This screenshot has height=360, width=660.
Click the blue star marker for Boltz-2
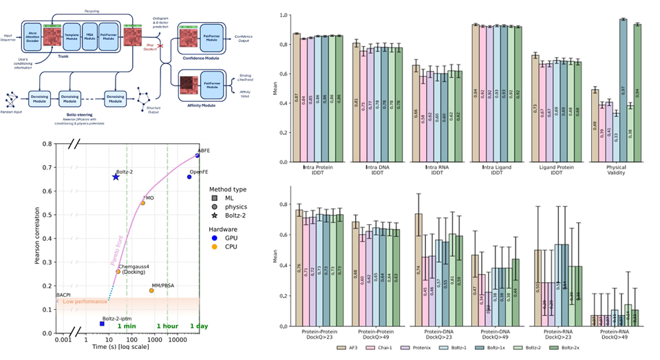click(116, 177)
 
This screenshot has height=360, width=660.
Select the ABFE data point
click(198, 156)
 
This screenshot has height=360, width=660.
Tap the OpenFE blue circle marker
click(189, 177)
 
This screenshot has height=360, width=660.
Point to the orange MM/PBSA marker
click(151, 290)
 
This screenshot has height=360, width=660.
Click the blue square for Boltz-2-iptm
click(102, 324)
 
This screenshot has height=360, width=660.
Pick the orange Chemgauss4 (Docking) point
click(118, 271)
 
